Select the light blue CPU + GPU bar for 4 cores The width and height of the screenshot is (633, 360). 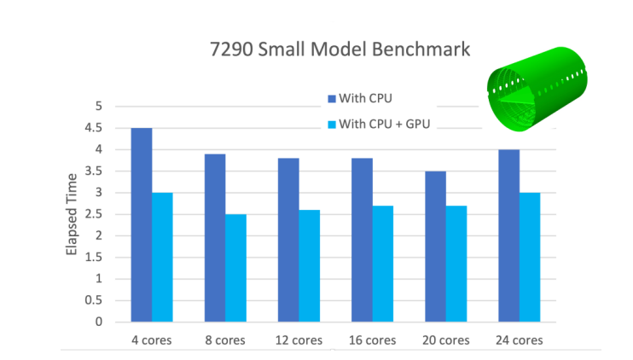[x=162, y=257]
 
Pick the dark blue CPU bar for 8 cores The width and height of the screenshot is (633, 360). [x=214, y=238]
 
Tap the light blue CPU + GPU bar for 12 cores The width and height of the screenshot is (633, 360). [x=310, y=265]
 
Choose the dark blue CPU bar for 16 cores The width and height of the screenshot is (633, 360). [x=362, y=240]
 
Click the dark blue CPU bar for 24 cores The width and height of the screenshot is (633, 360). [x=509, y=235]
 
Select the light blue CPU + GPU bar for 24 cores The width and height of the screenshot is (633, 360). [x=531, y=257]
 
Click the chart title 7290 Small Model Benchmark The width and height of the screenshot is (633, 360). [x=340, y=49]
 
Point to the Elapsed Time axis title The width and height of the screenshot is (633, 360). [x=73, y=214]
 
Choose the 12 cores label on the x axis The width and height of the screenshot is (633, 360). [x=299, y=340]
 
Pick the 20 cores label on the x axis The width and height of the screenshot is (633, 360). [x=446, y=340]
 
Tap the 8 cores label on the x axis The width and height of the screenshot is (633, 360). [x=225, y=340]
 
